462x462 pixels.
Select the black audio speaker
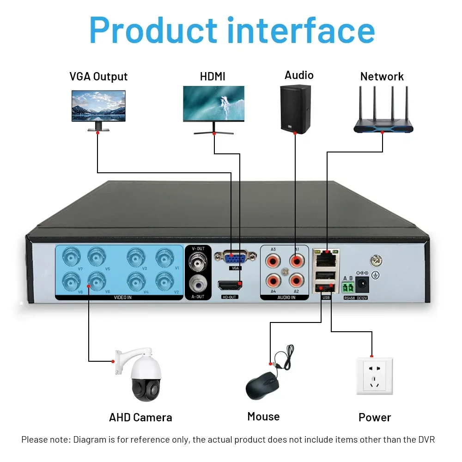(x=295, y=109)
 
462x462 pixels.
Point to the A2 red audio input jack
(x=296, y=280)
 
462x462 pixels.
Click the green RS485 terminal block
(x=348, y=287)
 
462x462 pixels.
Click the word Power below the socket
(x=375, y=418)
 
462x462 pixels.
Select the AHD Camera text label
(x=140, y=418)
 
